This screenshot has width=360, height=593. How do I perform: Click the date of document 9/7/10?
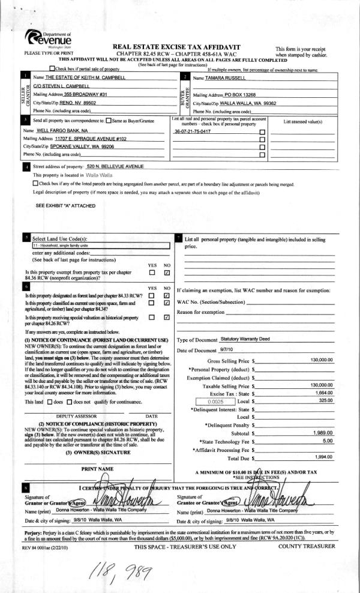227,349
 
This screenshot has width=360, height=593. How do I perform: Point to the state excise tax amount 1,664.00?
324,392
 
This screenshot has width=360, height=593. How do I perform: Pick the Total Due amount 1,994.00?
325,457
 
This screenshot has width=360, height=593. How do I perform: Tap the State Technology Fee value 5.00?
328,441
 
